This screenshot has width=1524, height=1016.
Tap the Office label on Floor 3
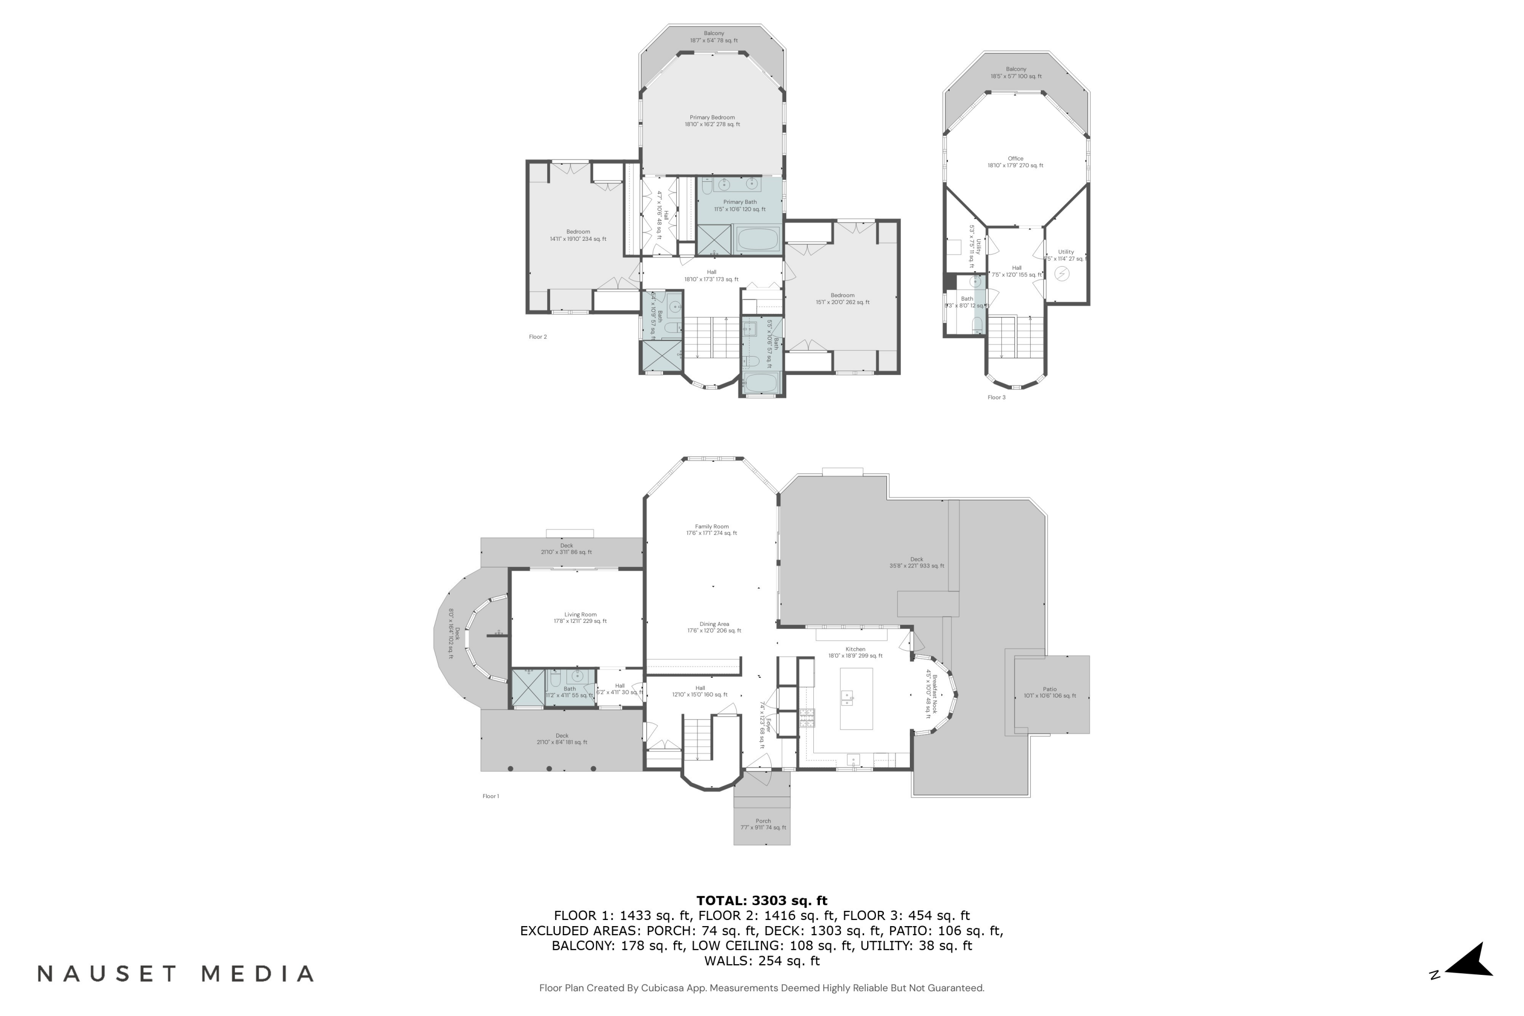(x=1015, y=162)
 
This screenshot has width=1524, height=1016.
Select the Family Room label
(x=712, y=530)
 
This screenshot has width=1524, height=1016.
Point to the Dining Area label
(x=714, y=627)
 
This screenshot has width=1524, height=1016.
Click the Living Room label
(x=580, y=618)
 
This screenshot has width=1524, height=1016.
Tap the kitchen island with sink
(x=856, y=698)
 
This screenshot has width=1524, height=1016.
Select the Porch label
(x=763, y=824)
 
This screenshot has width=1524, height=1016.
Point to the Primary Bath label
(x=740, y=205)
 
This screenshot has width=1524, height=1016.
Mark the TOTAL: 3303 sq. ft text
(x=761, y=901)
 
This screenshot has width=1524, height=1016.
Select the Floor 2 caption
(x=538, y=337)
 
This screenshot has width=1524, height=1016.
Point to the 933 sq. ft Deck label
(x=916, y=562)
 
